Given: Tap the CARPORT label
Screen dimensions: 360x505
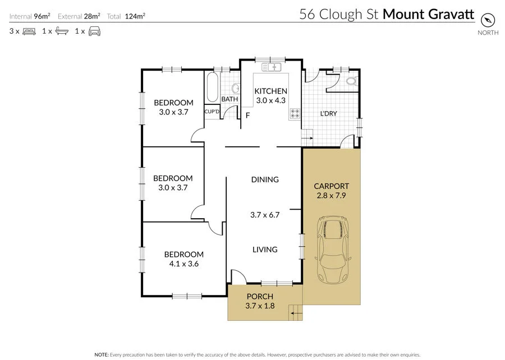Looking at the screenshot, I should pyautogui.click(x=331, y=186).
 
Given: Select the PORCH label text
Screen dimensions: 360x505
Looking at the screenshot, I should pyautogui.click(x=259, y=296).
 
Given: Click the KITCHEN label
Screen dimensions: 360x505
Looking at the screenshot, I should pyautogui.click(x=271, y=91).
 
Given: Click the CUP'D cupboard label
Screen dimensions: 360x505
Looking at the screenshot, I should pyautogui.click(x=212, y=111).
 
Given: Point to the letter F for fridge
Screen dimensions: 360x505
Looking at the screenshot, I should pyautogui.click(x=247, y=116).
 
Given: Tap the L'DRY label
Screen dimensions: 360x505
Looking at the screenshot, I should pyautogui.click(x=328, y=114).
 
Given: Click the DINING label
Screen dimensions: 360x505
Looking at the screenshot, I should pyautogui.click(x=265, y=179).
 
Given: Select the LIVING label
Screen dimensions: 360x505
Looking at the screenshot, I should pyautogui.click(x=265, y=250).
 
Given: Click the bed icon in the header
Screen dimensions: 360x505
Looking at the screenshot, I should pyautogui.click(x=29, y=31).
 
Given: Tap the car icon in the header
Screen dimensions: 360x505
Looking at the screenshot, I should pyautogui.click(x=94, y=31).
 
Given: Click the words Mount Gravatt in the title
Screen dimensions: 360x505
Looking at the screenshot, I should pyautogui.click(x=428, y=14).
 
